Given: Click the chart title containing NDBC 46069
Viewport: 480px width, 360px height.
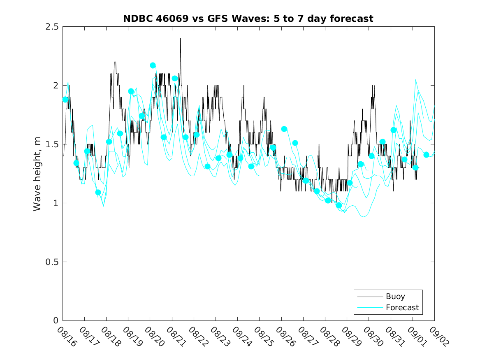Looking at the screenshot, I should coord(248,19).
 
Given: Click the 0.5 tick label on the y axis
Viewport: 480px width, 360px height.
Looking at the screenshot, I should coord(51,262).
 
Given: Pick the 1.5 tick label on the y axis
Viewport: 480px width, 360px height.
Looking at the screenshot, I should coord(51,144).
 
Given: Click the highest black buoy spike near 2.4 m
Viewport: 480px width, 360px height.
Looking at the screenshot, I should coord(180,39).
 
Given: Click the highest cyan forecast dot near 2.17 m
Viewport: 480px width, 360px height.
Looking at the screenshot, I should coord(153,65).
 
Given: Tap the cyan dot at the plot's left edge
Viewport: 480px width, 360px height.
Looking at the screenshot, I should coord(65,100).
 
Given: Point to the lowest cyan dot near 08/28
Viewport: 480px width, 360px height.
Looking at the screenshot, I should coord(339,205).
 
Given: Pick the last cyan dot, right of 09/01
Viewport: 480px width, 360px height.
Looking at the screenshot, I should coord(426,155).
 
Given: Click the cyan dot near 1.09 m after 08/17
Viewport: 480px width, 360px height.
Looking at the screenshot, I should coord(98,192).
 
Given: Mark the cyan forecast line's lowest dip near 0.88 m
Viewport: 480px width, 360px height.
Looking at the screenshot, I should coord(364,217).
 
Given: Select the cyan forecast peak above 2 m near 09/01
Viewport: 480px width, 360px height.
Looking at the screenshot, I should coord(416,80).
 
